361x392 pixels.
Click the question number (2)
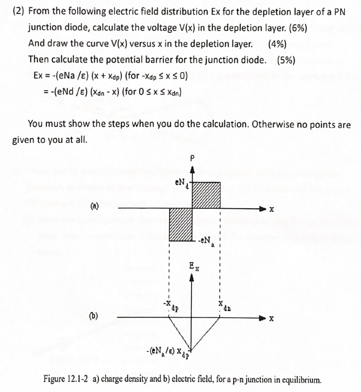pos(20,12)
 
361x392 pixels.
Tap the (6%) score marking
pos(293,28)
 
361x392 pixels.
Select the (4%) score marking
pos(277,44)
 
